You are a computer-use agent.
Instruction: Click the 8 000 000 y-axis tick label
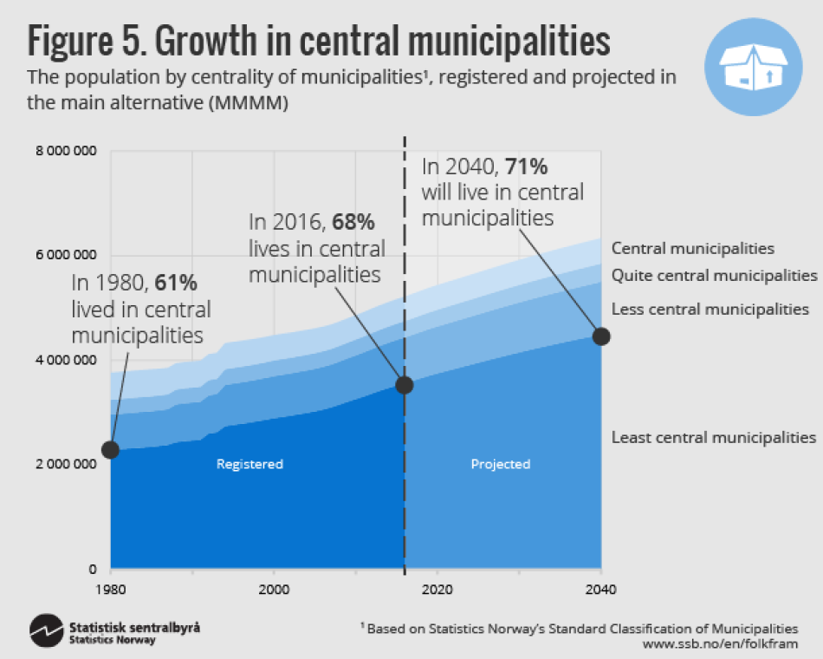[66, 152]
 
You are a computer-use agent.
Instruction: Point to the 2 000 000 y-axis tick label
[66, 465]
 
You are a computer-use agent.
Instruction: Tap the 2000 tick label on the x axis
[274, 590]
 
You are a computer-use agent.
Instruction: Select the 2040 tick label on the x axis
[599, 590]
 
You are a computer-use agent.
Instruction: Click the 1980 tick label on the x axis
[111, 590]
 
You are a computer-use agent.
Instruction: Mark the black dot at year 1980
[110, 449]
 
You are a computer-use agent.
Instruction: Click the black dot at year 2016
[404, 384]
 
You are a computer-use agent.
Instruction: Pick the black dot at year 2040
[600, 336]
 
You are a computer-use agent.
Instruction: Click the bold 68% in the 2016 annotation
[353, 223]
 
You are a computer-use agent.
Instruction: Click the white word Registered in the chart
[249, 464]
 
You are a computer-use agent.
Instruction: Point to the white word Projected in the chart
[500, 464]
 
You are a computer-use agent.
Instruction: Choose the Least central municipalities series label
[713, 437]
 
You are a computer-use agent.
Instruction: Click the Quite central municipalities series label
[714, 276]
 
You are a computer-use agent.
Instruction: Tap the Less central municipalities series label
[710, 309]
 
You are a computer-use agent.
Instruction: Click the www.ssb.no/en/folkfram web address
[720, 644]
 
